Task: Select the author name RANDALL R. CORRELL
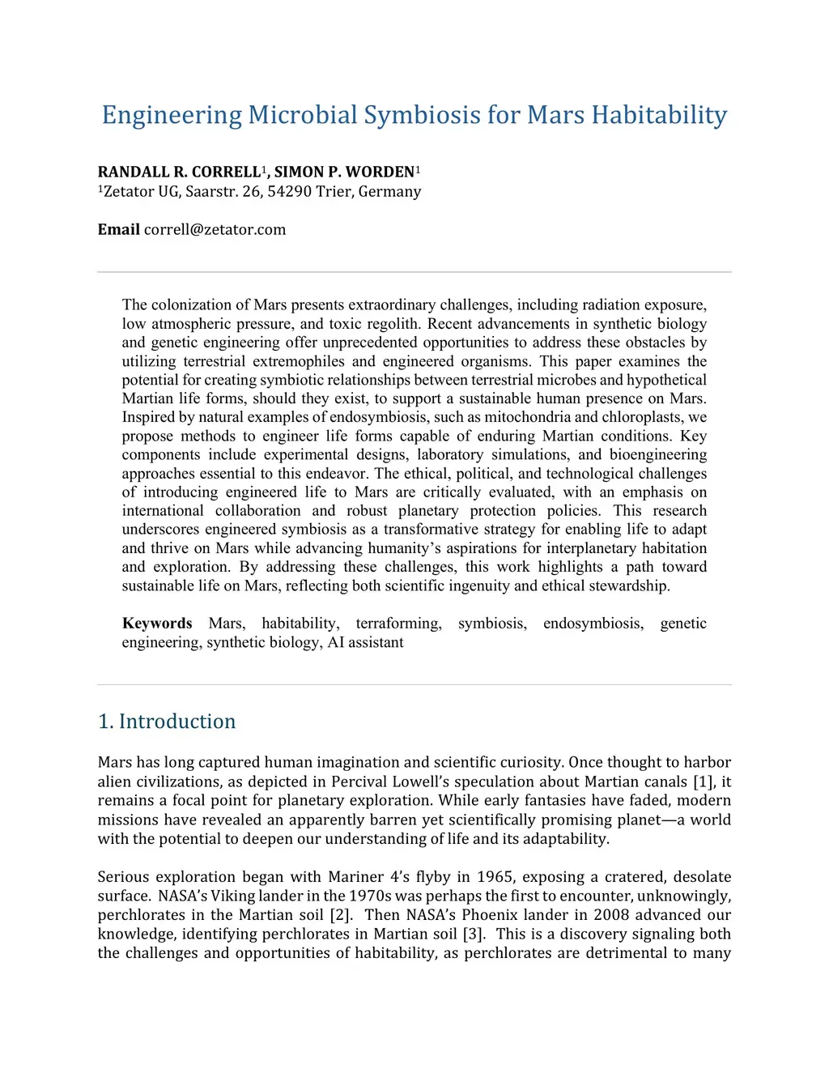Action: pyautogui.click(x=178, y=172)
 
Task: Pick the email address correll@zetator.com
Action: pyautogui.click(x=215, y=230)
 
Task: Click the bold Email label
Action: pyautogui.click(x=118, y=230)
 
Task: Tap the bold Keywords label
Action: pyautogui.click(x=157, y=624)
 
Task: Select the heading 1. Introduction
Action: pyautogui.click(x=167, y=722)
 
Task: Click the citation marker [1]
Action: pyautogui.click(x=701, y=782)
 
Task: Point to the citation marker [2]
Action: pyautogui.click(x=340, y=915)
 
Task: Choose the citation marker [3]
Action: pyautogui.click(x=474, y=934)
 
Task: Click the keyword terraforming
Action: pyautogui.click(x=398, y=624)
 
